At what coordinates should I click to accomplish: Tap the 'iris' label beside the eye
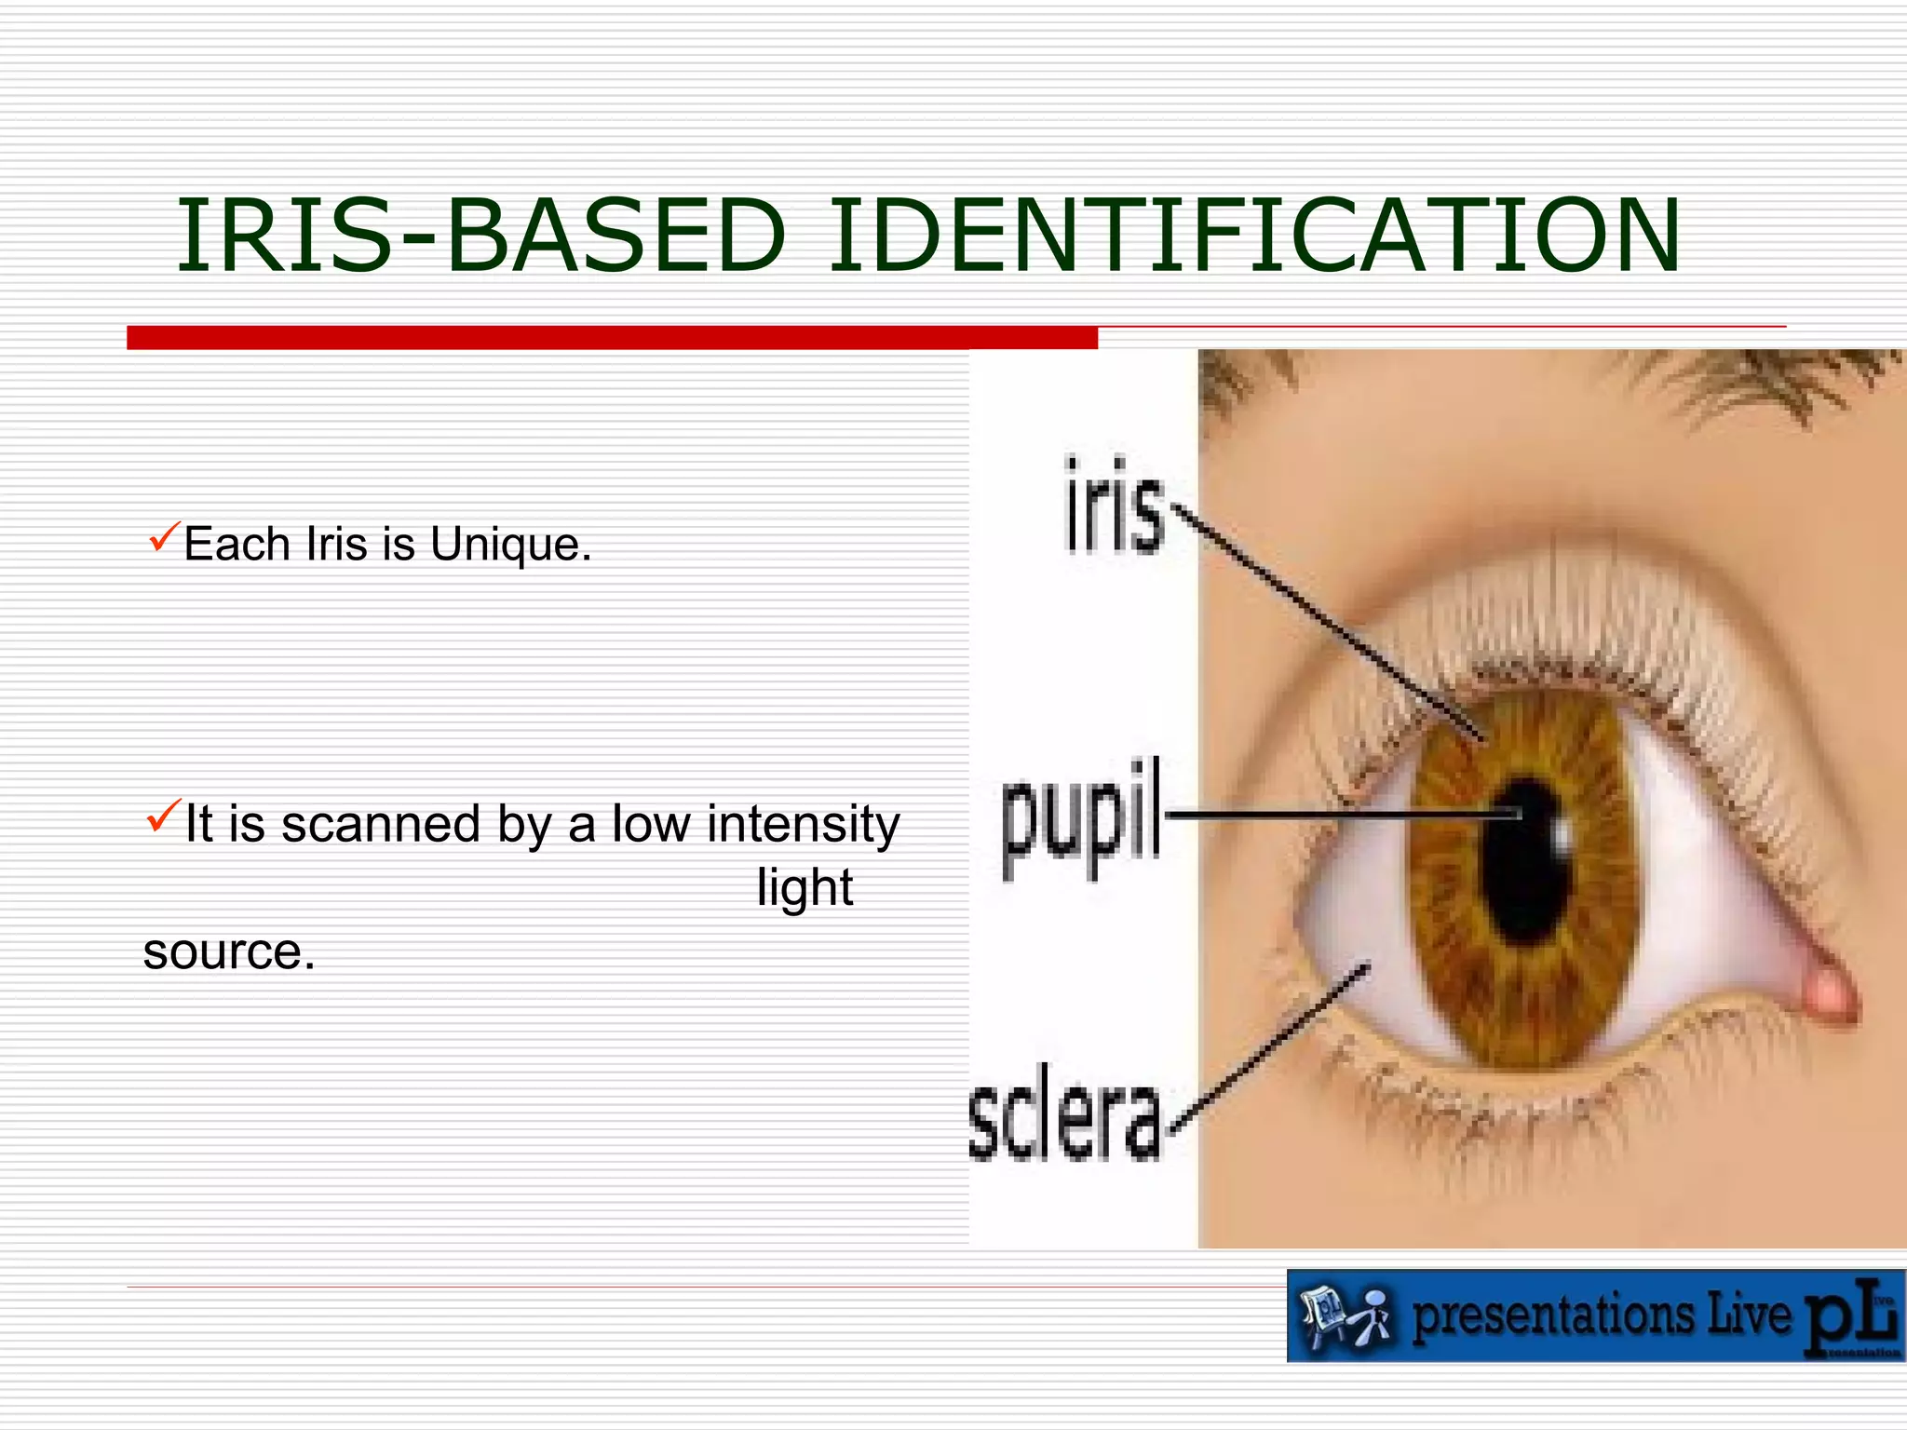pos(1115,506)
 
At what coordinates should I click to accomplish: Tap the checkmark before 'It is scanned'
pos(161,816)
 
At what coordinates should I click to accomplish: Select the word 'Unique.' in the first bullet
pos(510,544)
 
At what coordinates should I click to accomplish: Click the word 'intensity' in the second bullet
pos(803,824)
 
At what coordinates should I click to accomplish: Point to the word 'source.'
pos(229,951)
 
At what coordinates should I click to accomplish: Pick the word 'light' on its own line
pos(805,887)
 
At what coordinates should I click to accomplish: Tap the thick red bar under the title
pos(612,338)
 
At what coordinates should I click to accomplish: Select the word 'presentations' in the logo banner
pos(1553,1316)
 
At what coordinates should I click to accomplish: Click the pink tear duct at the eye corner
pos(1830,993)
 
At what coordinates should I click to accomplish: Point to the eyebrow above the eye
pos(1760,382)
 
